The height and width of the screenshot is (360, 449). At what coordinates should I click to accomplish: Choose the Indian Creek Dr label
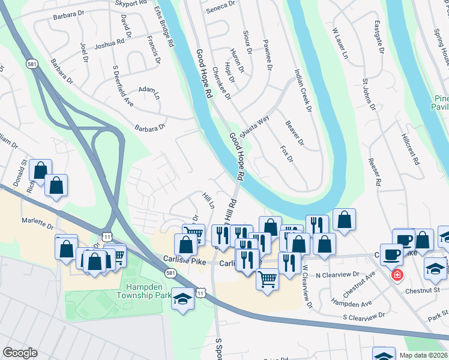(x=303, y=91)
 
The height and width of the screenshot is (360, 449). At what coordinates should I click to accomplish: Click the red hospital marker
(x=397, y=276)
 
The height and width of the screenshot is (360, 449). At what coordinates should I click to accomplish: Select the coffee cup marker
(x=391, y=254)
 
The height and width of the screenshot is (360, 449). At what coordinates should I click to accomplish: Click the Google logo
(x=20, y=353)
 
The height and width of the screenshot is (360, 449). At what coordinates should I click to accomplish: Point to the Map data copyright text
(x=423, y=355)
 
